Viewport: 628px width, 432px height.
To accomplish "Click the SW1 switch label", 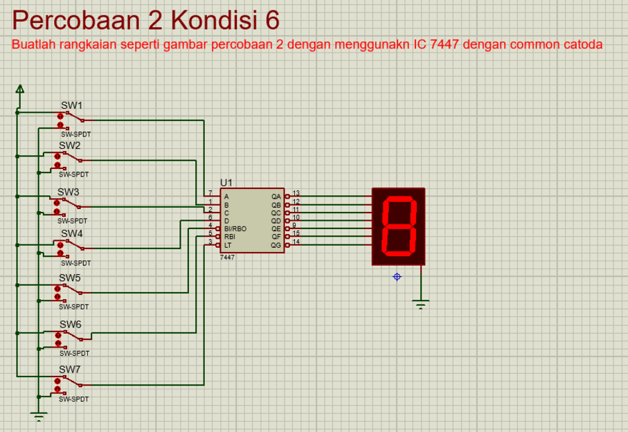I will (71, 106).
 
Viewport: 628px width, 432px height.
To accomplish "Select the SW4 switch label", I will (71, 234).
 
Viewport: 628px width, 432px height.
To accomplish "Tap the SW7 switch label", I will (70, 370).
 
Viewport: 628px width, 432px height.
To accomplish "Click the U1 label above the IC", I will (226, 183).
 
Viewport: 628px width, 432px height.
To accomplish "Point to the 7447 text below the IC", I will (227, 257).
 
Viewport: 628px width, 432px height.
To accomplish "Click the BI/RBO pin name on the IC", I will (235, 228).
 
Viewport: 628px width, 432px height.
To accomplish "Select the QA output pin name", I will (276, 197).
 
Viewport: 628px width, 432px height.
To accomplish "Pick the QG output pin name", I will (276, 245).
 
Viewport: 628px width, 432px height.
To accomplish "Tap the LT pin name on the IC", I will (228, 245).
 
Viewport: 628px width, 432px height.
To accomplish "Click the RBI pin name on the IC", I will (229, 237).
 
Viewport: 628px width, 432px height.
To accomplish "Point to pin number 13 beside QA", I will (296, 194).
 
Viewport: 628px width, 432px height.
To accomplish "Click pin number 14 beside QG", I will (296, 242).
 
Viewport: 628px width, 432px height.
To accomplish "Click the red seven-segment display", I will (398, 226).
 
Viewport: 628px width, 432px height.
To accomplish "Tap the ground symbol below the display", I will (420, 303).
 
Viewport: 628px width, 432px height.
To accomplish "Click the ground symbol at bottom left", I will (39, 416).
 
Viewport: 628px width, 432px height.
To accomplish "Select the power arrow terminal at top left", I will (20, 89).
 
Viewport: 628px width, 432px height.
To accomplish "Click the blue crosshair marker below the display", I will (397, 277).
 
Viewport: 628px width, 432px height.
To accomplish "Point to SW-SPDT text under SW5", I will (75, 306).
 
